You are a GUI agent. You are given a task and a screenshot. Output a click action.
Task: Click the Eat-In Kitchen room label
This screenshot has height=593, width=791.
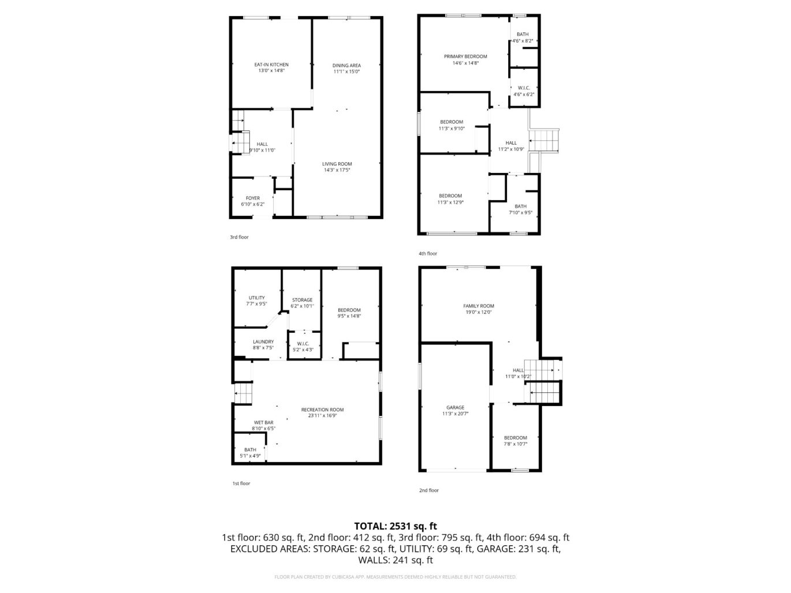point(271,65)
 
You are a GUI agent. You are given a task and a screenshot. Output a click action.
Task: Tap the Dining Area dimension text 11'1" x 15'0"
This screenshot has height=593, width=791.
point(346,72)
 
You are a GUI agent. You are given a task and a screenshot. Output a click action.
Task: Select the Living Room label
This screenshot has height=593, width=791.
point(337,164)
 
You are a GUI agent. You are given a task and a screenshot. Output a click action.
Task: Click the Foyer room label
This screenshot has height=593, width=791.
point(252,198)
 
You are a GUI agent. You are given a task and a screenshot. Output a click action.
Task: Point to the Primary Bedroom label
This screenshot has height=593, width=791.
point(465,57)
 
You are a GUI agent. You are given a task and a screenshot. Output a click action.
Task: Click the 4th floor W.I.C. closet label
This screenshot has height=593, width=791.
point(524,88)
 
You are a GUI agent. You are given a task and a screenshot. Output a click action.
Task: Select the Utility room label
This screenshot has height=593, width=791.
point(256,298)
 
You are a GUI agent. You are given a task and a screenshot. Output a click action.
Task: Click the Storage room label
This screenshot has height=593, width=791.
point(302,300)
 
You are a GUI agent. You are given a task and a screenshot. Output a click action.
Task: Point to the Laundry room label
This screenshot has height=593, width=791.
point(263,341)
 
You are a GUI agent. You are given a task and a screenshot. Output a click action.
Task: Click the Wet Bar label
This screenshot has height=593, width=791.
point(263,422)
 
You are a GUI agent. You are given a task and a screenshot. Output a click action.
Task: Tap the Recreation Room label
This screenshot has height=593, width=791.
point(322,410)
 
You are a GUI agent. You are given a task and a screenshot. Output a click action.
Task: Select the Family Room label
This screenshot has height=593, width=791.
point(479,306)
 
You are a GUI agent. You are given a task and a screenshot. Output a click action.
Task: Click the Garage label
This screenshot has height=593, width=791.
point(455,407)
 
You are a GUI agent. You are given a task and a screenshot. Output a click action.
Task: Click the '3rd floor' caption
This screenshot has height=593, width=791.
point(239,237)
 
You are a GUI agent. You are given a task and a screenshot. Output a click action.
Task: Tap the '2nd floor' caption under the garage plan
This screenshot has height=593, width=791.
point(428,490)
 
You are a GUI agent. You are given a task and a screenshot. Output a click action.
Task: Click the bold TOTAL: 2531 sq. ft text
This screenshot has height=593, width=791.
point(395,526)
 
